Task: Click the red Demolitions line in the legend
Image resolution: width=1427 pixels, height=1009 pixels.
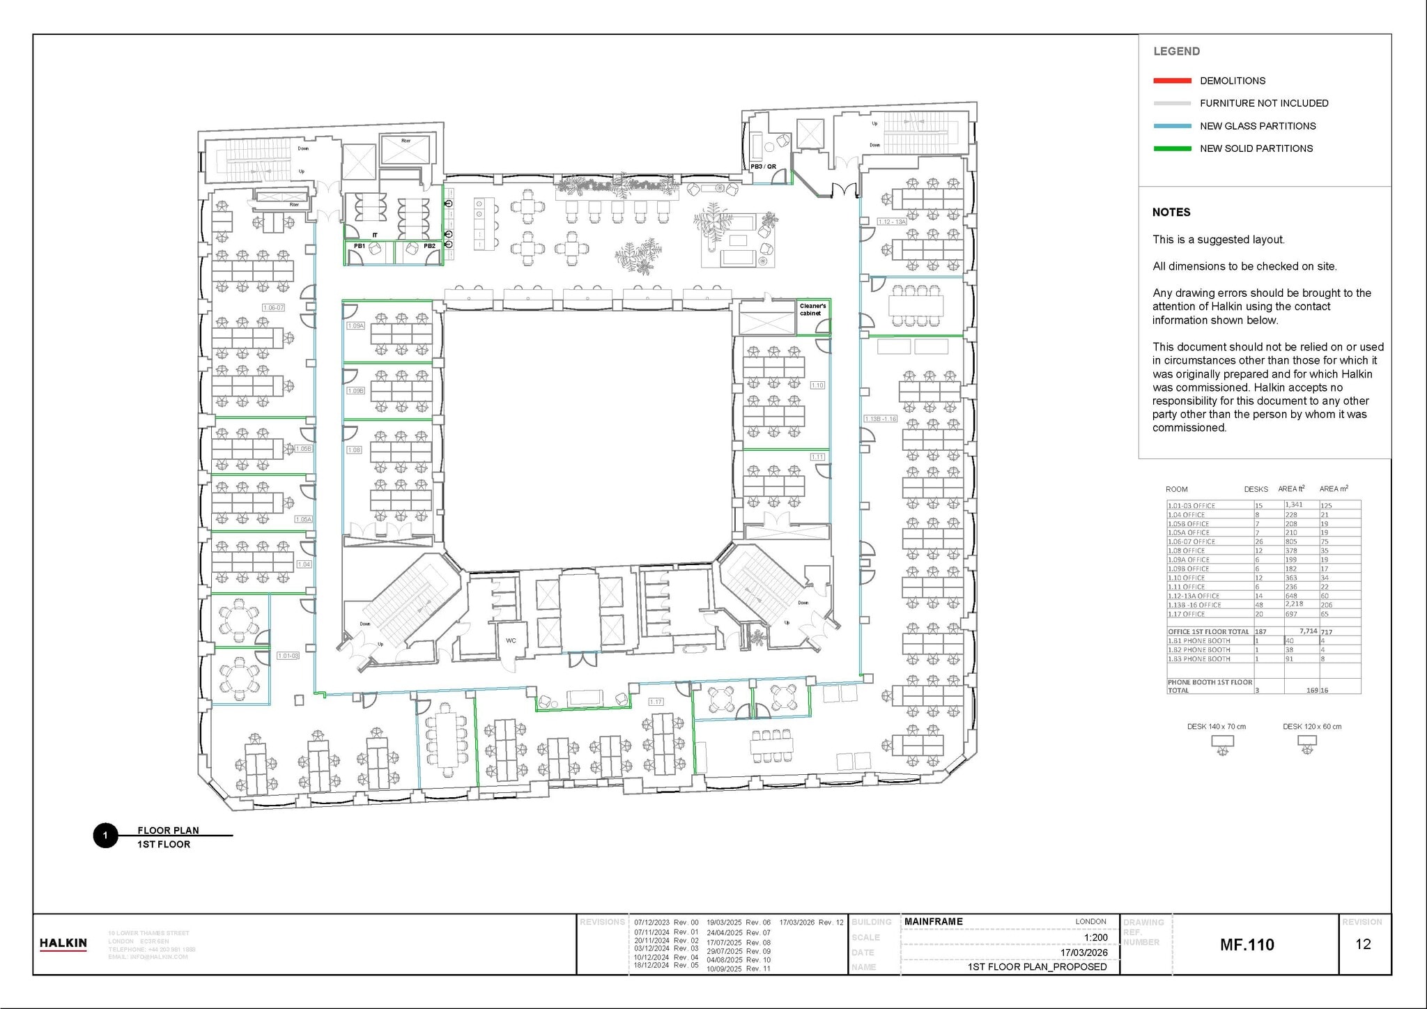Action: pos(1172,81)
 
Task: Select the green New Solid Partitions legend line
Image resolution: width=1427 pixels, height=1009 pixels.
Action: pos(1172,148)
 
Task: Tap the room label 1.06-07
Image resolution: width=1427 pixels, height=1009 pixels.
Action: pos(274,307)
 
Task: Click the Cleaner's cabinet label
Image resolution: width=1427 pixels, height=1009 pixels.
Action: pos(812,309)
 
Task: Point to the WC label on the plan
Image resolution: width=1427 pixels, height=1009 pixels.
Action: pos(511,640)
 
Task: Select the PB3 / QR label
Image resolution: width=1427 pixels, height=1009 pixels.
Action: pos(763,167)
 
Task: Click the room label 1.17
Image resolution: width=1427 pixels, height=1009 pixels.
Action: pos(656,702)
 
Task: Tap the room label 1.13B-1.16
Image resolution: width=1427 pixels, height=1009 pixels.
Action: pos(880,419)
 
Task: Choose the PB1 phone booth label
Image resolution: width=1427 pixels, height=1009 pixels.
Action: pos(360,246)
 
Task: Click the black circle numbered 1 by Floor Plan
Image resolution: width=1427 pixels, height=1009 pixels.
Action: pos(105,835)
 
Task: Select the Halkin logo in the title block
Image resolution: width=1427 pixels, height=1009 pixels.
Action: pos(63,944)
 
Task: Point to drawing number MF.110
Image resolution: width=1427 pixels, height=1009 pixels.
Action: pos(1247,945)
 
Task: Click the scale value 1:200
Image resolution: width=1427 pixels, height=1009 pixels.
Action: pos(1095,937)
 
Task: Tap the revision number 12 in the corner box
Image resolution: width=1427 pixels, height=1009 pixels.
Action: pos(1363,944)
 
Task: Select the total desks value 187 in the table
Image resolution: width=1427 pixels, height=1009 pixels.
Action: pos(1260,631)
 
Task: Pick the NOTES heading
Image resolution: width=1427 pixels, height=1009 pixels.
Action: pos(1171,213)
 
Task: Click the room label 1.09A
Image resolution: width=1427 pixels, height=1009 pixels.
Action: pos(355,325)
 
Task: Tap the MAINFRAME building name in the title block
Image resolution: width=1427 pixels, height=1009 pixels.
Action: pos(934,921)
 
